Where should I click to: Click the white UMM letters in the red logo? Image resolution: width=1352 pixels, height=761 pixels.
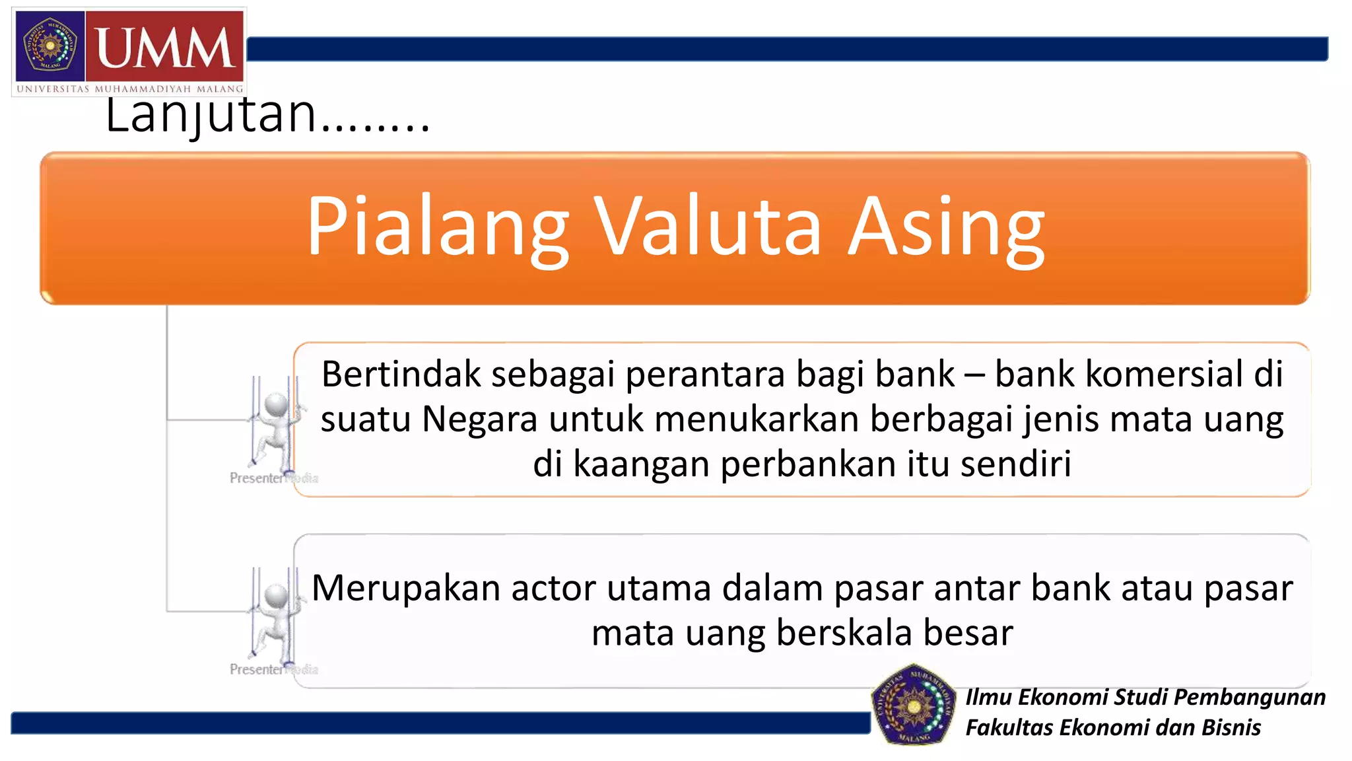pos(165,48)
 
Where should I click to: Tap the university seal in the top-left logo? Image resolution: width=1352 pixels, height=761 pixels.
pos(50,46)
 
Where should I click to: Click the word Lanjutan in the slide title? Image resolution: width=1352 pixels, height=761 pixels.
pos(211,114)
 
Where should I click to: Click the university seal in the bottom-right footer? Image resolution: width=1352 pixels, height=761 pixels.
pos(914,705)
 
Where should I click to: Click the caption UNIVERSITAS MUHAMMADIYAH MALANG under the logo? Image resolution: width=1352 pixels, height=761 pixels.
pos(129,89)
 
